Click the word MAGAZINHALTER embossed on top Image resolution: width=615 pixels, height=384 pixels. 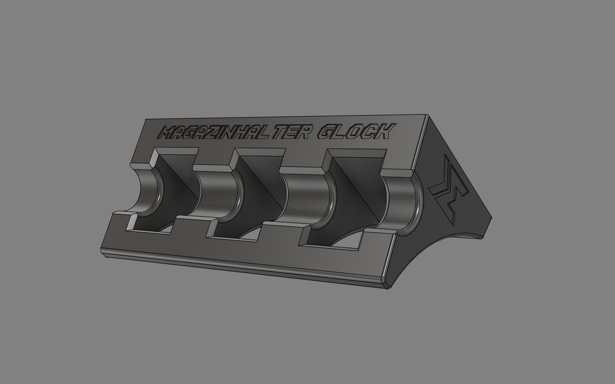(x=236, y=133)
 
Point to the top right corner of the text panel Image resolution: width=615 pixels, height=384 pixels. (x=426, y=115)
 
